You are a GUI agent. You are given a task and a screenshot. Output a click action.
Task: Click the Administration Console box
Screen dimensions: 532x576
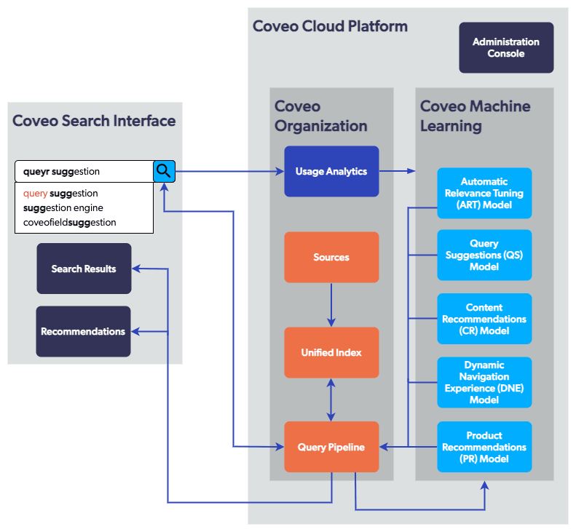506,47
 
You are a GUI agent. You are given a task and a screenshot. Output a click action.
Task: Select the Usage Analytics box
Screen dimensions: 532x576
331,172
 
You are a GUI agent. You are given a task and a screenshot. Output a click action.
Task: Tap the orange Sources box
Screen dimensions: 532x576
331,257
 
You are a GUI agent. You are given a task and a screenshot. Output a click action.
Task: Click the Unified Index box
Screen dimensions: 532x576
331,352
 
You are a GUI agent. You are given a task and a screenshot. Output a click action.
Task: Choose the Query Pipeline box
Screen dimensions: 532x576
331,447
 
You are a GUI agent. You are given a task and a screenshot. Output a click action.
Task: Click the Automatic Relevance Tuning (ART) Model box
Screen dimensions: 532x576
484,193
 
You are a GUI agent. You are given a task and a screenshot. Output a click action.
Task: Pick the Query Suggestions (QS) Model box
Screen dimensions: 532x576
484,255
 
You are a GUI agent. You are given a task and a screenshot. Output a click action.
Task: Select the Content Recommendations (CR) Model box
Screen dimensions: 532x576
484,319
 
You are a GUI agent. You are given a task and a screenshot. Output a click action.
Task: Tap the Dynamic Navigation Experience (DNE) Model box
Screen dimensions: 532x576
484,382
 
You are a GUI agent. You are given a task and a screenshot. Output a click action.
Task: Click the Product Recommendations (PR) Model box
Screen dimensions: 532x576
484,447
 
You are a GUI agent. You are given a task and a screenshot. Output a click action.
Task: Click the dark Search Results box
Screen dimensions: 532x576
84,269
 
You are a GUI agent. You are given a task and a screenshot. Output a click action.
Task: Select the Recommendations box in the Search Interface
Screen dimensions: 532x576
83,331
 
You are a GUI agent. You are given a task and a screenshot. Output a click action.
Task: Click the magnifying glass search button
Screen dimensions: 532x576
165,172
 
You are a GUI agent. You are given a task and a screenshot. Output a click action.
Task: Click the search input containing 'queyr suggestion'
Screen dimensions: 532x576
84,172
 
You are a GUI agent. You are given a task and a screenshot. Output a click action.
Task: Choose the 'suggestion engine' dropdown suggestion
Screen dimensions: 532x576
63,207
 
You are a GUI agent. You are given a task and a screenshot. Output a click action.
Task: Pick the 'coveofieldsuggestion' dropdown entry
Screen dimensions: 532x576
69,222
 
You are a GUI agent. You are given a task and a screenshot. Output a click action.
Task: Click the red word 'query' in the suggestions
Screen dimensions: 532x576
35,194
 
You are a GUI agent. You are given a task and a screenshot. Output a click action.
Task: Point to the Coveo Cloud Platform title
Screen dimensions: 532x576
330,26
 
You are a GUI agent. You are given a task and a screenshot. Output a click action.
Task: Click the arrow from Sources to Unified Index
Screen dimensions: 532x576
331,304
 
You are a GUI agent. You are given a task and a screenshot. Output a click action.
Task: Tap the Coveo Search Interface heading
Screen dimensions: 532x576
94,120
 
